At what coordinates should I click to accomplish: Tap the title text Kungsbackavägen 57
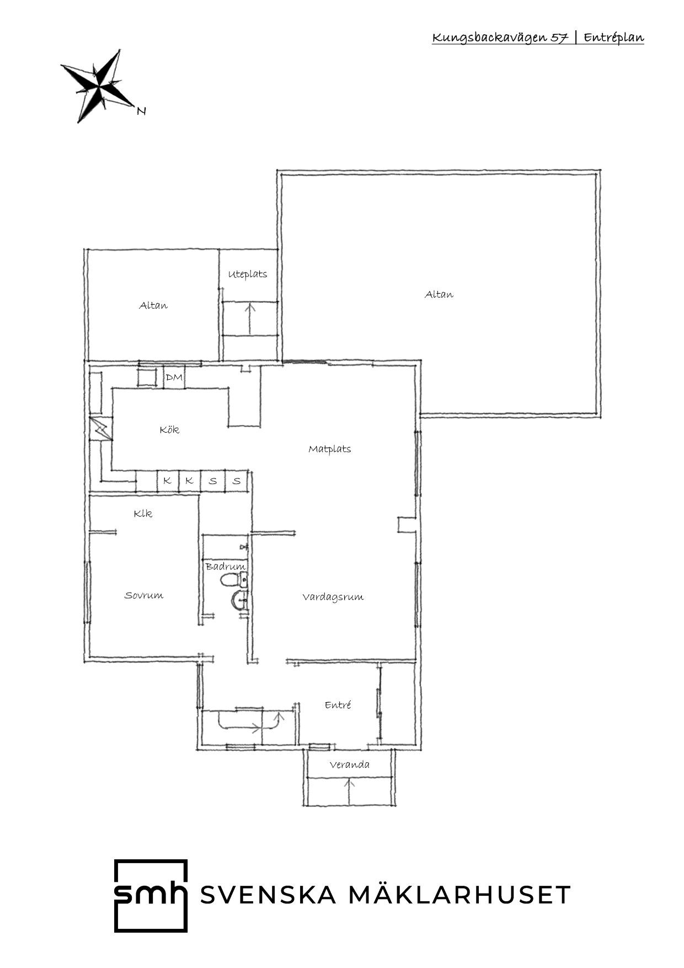[x=500, y=38]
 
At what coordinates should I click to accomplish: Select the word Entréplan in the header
[x=614, y=38]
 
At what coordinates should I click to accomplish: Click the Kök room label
[x=169, y=429]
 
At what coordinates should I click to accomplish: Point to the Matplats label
[x=330, y=449]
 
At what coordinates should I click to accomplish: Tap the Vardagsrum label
[x=333, y=597]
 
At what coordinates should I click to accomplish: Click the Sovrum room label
[x=144, y=595]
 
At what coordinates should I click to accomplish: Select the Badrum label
[x=225, y=566]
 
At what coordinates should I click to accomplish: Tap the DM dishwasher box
[x=174, y=377]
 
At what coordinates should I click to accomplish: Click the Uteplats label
[x=248, y=274]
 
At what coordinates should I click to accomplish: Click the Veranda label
[x=350, y=764]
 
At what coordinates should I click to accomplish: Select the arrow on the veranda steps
[x=349, y=791]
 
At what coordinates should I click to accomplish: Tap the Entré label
[x=338, y=705]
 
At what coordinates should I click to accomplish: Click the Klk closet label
[x=143, y=513]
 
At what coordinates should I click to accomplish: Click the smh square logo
[x=151, y=896]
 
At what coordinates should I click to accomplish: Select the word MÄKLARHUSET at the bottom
[x=459, y=895]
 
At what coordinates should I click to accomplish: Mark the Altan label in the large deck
[x=439, y=294]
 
